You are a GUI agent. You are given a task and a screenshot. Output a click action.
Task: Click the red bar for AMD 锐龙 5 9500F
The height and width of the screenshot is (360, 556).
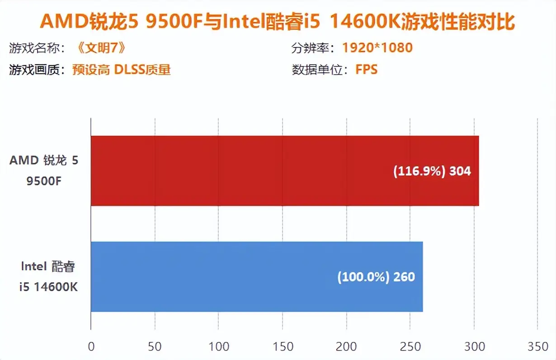coord(284,171)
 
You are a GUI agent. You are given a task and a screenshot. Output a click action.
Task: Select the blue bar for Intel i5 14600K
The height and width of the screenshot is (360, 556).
coord(256,276)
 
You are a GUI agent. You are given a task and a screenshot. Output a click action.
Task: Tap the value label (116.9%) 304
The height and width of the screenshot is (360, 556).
coord(432,171)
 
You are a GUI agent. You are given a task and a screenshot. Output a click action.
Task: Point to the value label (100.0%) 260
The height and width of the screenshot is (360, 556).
coord(376,276)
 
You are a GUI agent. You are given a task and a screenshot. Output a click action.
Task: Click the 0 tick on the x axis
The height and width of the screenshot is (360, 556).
coord(91,347)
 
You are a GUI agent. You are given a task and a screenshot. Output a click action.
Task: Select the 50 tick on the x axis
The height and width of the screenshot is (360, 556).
coord(155,347)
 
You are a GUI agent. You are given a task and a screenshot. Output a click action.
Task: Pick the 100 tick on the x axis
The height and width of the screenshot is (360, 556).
coord(218,347)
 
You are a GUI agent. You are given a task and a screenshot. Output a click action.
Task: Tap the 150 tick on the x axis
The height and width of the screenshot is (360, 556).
coord(283,347)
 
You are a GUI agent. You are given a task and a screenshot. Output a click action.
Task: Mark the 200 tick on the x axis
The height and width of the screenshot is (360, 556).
coord(346,347)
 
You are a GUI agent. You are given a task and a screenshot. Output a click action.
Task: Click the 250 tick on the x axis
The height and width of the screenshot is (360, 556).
coord(410,347)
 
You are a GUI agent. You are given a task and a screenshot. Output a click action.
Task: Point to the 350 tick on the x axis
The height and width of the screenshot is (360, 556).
coord(537,347)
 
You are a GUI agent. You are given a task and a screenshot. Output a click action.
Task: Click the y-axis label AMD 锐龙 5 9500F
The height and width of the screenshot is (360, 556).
coord(44,171)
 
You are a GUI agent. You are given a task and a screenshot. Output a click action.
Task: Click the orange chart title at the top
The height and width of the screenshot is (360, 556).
coord(278,22)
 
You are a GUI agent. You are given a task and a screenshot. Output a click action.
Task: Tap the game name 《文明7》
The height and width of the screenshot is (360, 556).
coord(98,47)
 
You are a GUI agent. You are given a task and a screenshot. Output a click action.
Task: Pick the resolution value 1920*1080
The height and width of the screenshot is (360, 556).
coord(377,47)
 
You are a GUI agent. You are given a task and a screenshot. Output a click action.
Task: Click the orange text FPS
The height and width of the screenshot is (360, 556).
coord(366,70)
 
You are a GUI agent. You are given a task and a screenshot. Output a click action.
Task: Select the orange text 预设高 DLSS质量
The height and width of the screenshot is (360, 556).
coord(121,70)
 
